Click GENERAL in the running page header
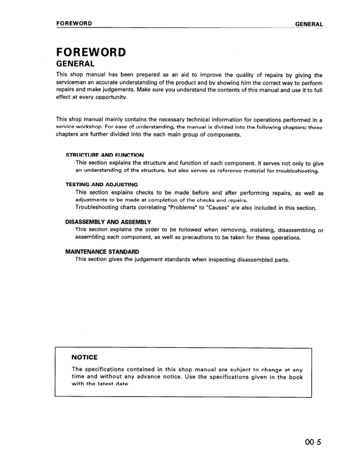coord(309,24)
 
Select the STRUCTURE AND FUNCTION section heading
coord(104,155)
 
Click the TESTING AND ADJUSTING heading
coord(102,184)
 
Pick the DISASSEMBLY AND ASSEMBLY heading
coord(108,222)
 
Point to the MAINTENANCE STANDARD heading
coord(102,252)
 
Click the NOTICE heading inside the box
coord(84,357)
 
